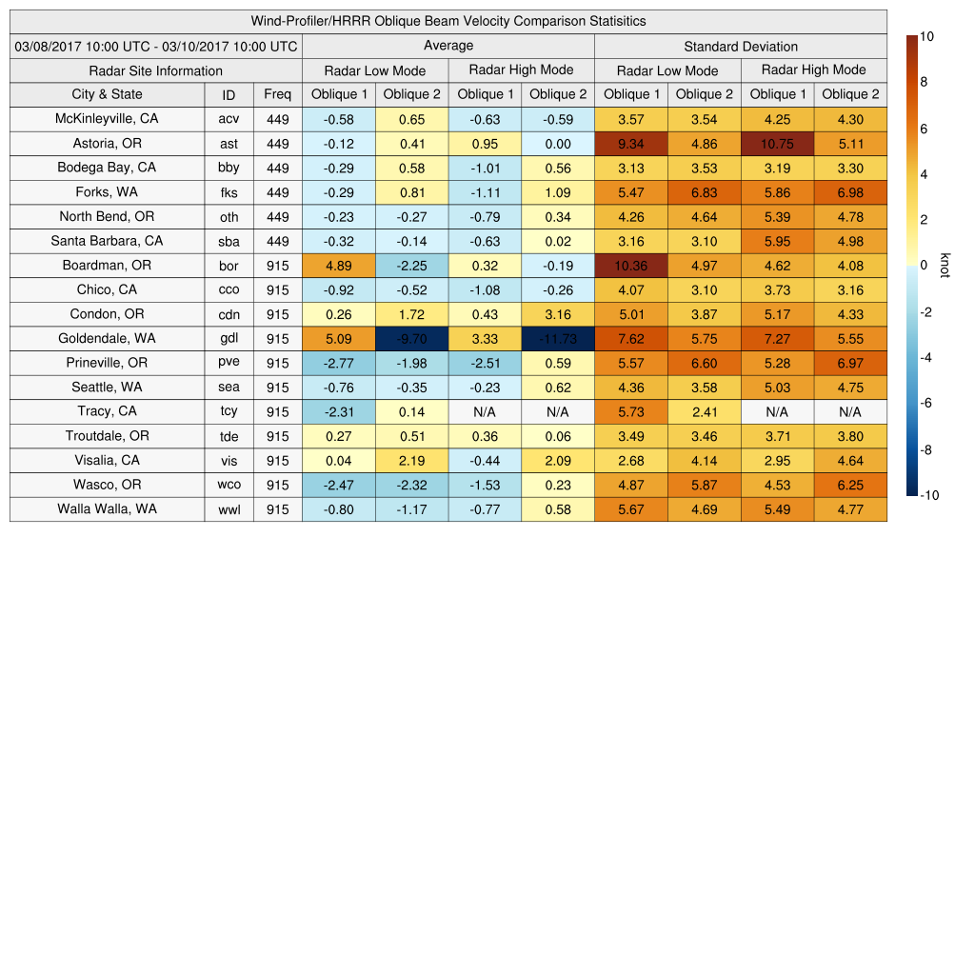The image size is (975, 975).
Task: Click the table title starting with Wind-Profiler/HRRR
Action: [x=448, y=21]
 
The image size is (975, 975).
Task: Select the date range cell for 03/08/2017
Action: [x=156, y=46]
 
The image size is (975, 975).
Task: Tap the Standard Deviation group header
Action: [x=741, y=47]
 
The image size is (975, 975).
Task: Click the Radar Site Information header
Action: [x=156, y=70]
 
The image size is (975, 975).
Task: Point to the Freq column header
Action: [x=277, y=94]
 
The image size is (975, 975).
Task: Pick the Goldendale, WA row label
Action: [x=107, y=338]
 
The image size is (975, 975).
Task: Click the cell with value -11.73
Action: [x=557, y=339]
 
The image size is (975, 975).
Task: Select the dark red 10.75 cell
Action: [x=777, y=144]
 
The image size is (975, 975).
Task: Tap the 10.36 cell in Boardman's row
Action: [x=631, y=266]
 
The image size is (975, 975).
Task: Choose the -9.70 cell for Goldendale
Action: [x=411, y=339]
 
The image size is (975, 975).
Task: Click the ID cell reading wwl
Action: [x=229, y=509]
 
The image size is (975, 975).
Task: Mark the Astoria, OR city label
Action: [x=107, y=144]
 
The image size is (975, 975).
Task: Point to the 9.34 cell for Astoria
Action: [x=631, y=144]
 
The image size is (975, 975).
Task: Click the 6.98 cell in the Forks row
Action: [x=850, y=192]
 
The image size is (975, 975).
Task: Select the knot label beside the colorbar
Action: [x=945, y=266]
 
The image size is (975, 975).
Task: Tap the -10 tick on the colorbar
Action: [x=929, y=494]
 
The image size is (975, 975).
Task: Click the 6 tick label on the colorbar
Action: [x=924, y=129]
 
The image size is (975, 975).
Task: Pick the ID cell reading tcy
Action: [x=229, y=412]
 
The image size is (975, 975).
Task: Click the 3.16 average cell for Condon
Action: [x=557, y=314]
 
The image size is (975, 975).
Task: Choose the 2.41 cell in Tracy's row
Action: [x=704, y=412]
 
